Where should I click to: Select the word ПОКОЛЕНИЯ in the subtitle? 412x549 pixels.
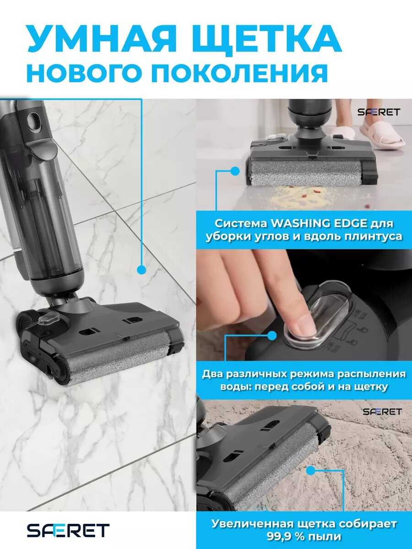(x=239, y=73)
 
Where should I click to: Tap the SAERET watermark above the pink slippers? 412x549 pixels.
(x=379, y=112)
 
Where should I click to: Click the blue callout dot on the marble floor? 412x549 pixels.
(x=141, y=270)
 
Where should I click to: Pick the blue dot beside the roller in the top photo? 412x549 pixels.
(x=235, y=171)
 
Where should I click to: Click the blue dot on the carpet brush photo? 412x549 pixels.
(x=311, y=471)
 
